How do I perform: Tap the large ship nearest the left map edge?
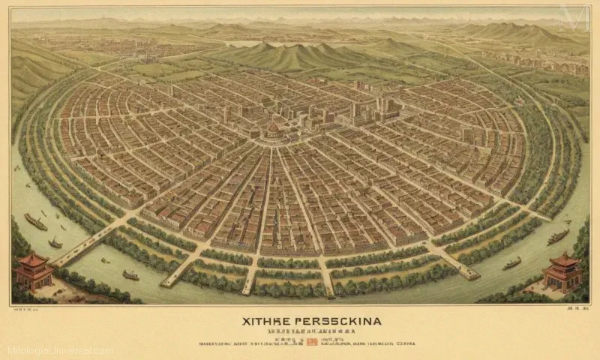[x=35, y=222]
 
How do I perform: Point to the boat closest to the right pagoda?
[x=512, y=263]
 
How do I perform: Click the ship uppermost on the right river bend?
[x=559, y=236]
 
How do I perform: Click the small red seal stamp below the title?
[x=311, y=342]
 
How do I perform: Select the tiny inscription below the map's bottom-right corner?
[x=576, y=307]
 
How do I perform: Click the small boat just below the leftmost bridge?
[x=55, y=243]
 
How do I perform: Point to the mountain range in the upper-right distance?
[x=517, y=31]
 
